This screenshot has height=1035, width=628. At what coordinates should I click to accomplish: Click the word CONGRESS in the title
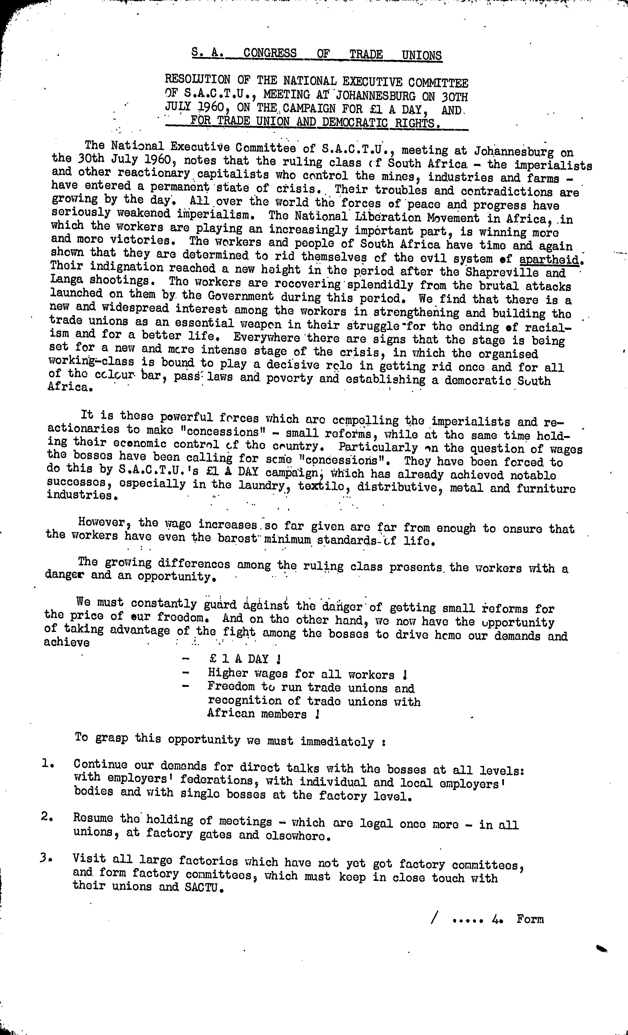point(270,53)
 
